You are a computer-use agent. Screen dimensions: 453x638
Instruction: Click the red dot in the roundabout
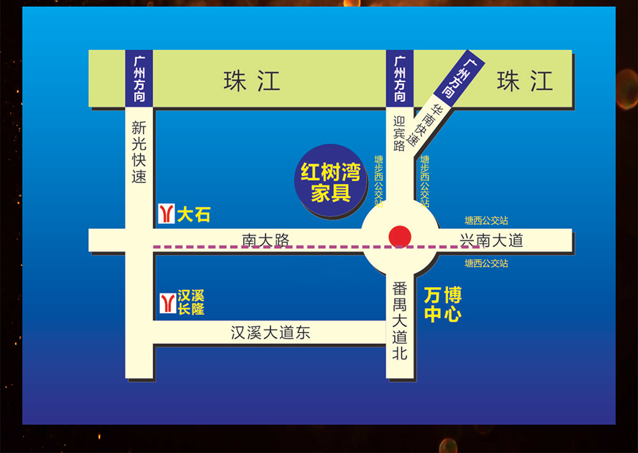pos(400,237)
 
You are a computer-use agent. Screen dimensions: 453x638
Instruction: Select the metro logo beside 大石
pos(167,214)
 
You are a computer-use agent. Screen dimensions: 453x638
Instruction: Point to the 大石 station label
pos(194,214)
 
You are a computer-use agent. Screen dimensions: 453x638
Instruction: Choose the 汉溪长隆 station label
pos(191,302)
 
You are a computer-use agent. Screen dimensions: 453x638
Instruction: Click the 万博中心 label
pos(442,304)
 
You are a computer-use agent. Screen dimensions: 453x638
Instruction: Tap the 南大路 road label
pos(265,240)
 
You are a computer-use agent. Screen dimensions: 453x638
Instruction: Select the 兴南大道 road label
pos(491,240)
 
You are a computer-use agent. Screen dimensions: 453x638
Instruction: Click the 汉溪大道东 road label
pos(270,333)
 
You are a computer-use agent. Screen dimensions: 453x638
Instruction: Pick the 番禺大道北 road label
pos(400,321)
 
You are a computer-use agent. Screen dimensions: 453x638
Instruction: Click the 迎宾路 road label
pos(399,133)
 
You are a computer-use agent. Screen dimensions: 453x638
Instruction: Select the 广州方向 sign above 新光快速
pos(139,79)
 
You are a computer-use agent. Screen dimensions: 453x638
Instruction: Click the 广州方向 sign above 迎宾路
pos(400,79)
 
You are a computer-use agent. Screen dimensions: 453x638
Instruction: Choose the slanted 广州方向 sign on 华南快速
pos(460,78)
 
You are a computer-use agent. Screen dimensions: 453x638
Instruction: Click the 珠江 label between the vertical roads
pos(252,81)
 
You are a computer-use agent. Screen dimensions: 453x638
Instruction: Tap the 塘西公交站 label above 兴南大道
pos(486,220)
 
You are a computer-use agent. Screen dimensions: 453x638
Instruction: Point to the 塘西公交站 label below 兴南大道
pos(486,263)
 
